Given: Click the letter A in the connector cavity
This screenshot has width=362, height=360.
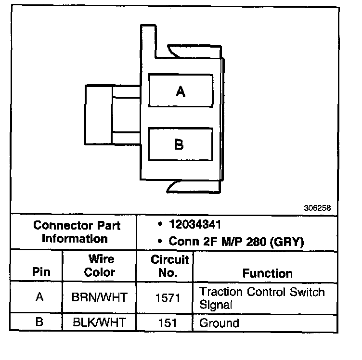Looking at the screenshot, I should (x=181, y=91).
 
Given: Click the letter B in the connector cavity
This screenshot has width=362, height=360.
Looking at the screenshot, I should (x=179, y=144).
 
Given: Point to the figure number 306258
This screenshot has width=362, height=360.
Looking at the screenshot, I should (x=317, y=208).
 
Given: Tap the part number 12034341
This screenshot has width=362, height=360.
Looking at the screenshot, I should (x=195, y=225).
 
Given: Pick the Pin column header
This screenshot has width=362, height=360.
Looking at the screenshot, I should (x=41, y=271).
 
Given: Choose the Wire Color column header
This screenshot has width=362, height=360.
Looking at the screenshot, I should (x=99, y=266).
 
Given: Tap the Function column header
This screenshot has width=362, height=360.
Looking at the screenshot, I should (x=267, y=273).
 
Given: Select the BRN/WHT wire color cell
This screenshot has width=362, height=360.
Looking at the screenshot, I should (x=99, y=297).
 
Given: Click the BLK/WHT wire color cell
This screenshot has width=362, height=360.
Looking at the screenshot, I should (x=99, y=322).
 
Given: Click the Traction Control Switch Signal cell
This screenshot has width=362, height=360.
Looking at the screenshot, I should (x=262, y=298).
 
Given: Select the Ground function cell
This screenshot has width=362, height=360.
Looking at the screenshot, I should (x=219, y=322).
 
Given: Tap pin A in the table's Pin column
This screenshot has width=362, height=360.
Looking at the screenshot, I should (x=40, y=297).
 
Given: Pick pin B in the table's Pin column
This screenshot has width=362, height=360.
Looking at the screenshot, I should (x=40, y=322).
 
